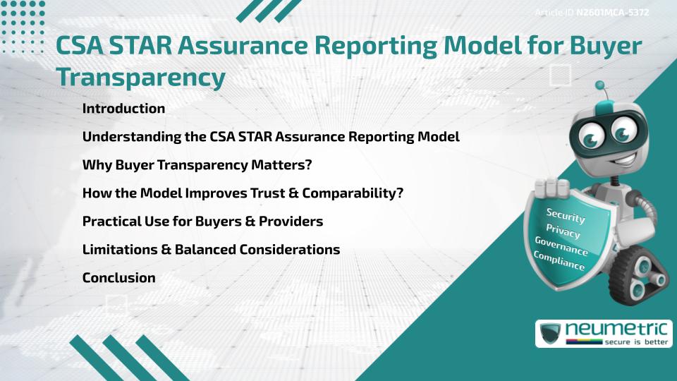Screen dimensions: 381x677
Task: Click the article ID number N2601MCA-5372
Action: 613,13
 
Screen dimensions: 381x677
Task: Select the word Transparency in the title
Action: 141,77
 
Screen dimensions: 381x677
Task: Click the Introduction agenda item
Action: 123,109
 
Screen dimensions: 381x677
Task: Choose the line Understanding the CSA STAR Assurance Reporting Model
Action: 271,137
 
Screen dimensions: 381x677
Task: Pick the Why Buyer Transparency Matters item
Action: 197,165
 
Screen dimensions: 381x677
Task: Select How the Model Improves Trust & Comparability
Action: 243,193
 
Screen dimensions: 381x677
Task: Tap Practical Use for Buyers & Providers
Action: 202,222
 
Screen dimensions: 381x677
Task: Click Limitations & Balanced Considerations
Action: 211,250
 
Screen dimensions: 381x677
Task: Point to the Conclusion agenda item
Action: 118,278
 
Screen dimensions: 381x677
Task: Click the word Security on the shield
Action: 566,215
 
